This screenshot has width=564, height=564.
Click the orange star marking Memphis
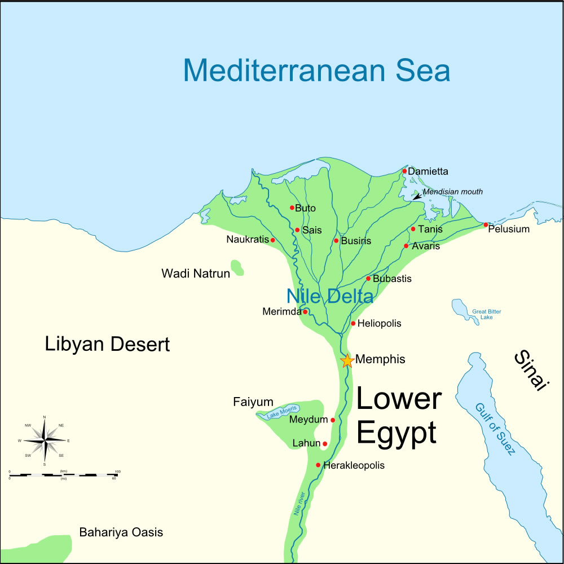(x=347, y=360)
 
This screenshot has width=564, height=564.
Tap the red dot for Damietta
(x=404, y=171)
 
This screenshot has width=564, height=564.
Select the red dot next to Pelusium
(x=486, y=224)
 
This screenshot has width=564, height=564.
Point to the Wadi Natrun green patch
(x=237, y=268)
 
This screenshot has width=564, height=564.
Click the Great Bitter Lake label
(x=486, y=315)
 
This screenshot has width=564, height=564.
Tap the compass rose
(x=44, y=440)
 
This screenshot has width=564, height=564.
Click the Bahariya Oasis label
(x=121, y=532)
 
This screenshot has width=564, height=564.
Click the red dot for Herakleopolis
(x=318, y=465)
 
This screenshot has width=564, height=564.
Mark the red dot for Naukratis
(x=273, y=240)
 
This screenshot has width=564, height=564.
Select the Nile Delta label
(x=329, y=297)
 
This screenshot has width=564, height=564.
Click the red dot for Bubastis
(x=368, y=279)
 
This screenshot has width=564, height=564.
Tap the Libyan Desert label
(x=107, y=344)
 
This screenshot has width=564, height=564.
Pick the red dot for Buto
(x=292, y=208)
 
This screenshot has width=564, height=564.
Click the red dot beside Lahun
(x=324, y=444)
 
